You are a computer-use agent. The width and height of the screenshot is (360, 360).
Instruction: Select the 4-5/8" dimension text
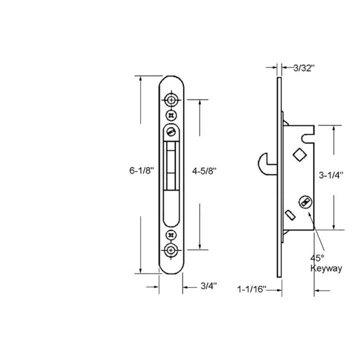coord(204,170)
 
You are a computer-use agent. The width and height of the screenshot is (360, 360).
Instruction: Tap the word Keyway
coord(326,268)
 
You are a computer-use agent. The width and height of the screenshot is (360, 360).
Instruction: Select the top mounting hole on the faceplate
coord(171,99)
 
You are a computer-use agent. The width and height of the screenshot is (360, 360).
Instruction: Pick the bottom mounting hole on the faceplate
coord(171,249)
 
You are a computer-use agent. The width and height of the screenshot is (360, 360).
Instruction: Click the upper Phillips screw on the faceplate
coord(171,114)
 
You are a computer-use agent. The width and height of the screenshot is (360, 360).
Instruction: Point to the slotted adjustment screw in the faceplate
coord(171,132)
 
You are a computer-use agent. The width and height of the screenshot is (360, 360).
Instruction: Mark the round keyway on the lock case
coord(302,201)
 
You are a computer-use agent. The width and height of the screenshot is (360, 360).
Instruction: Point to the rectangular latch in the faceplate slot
coord(171,165)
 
